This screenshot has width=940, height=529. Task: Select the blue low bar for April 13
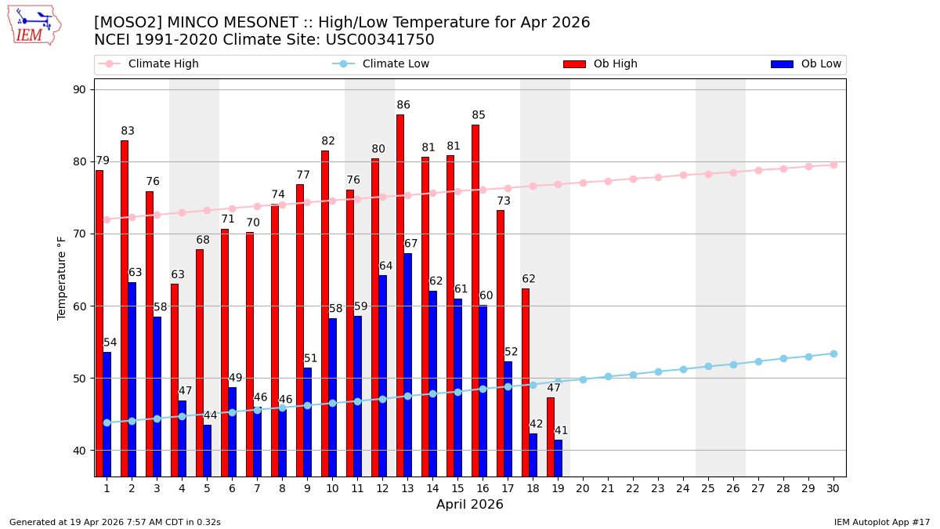tap(407, 364)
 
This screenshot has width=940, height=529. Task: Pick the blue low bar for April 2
tap(132, 379)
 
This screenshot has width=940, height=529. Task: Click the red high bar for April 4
tap(175, 380)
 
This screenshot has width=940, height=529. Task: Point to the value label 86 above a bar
tap(403, 105)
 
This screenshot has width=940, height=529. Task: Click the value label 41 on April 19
tap(561, 431)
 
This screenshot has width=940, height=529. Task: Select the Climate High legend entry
tap(163, 64)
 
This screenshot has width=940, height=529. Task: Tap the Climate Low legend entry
tap(396, 64)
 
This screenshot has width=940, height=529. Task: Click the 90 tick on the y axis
tap(79, 89)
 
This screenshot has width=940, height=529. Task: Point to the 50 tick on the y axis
tap(79, 379)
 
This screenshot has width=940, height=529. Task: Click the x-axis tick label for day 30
tap(833, 488)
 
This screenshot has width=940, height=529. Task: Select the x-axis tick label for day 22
tap(633, 488)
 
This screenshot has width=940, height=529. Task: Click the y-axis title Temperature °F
tap(62, 277)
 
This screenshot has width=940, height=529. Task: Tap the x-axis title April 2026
tap(470, 505)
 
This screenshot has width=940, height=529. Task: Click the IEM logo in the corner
tap(34, 25)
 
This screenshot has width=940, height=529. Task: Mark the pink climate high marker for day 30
tap(833, 165)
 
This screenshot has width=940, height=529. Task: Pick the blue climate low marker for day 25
tap(708, 366)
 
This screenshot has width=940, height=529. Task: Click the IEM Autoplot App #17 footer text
tap(882, 522)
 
